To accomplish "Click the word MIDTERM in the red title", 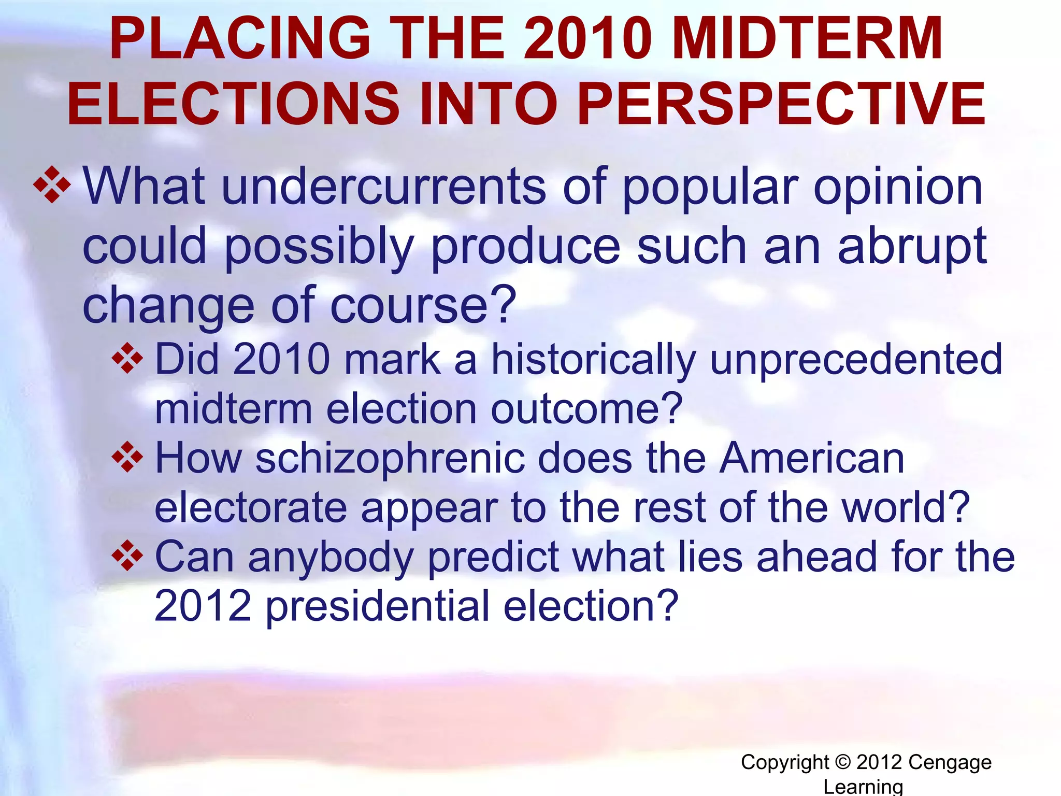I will tap(809, 39).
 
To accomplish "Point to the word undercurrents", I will tap(384, 187).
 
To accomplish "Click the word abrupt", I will tap(912, 247).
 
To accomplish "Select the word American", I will tap(812, 459).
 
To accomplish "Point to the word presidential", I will tap(378, 606).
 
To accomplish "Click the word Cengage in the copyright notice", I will tap(950, 762).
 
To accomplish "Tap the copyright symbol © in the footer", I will tap(843, 762).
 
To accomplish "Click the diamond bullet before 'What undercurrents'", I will tap(52, 184).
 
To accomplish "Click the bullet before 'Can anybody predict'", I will tap(127, 556).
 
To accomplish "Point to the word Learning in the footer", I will tap(863, 786).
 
